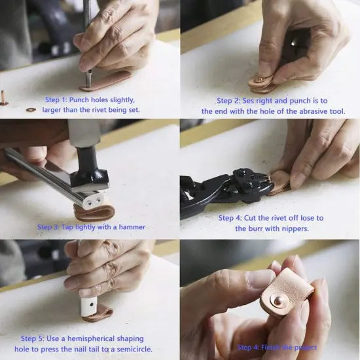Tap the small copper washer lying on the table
(x=31, y=109)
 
